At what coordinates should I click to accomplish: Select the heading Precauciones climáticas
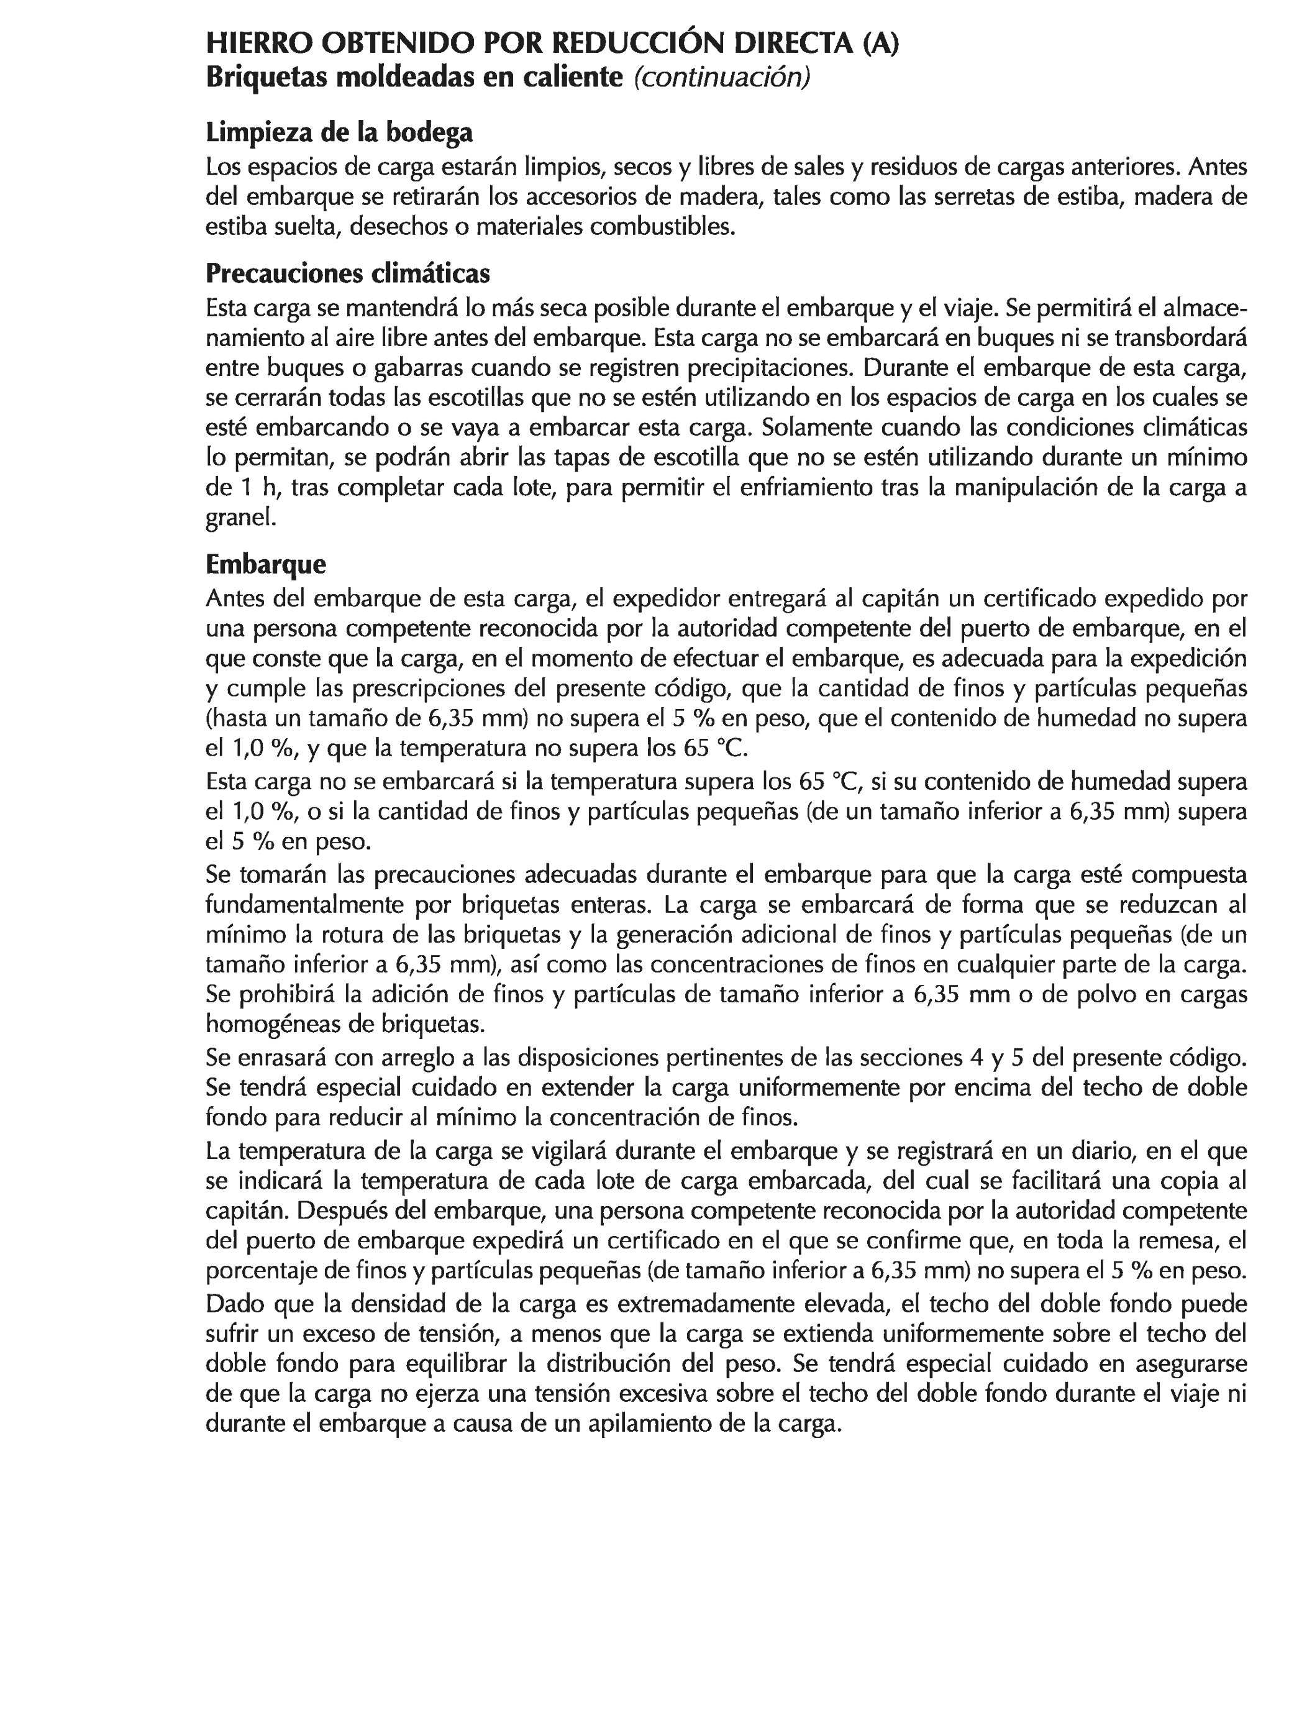pos(348,273)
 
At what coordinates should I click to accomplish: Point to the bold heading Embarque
pos(266,563)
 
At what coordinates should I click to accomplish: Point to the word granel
pos(241,518)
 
